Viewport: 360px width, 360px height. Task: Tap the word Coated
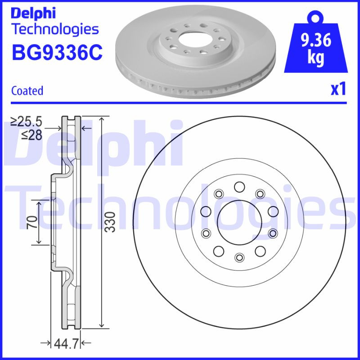point(27,90)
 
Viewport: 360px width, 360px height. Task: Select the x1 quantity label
point(338,90)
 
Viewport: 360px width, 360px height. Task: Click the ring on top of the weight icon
point(315,18)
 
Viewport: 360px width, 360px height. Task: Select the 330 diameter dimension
point(110,222)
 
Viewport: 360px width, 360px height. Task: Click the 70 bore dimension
point(31,222)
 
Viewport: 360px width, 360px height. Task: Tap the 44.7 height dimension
point(67,344)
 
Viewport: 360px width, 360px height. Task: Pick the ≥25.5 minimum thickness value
point(26,121)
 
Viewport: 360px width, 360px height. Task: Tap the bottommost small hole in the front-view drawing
point(239,257)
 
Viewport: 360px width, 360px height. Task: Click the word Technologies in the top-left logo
point(54,29)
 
